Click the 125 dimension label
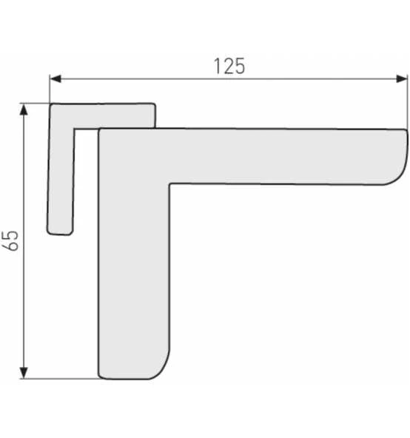point(229,66)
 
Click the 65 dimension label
point(10,240)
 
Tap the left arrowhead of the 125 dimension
point(56,78)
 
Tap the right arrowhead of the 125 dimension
point(402,78)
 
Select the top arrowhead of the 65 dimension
point(24,109)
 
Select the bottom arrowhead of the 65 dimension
point(24,373)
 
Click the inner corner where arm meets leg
point(169,183)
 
